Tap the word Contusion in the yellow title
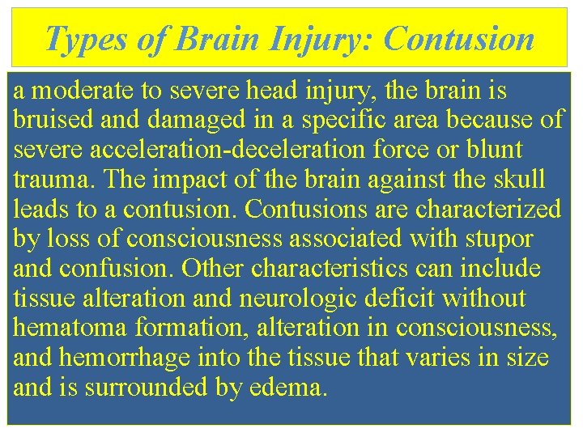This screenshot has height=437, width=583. coord(458,39)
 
